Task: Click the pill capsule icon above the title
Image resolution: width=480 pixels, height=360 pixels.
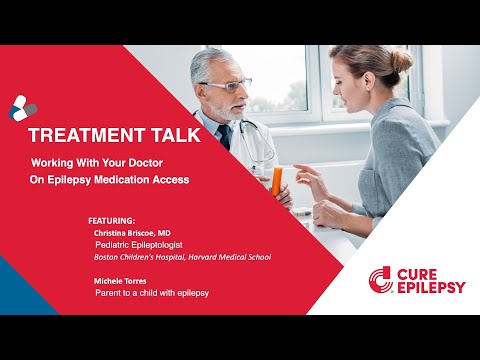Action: tap(23, 105)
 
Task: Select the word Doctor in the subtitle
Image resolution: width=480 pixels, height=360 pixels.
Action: tap(166, 160)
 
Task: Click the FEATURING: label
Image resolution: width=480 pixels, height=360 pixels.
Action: tap(110, 217)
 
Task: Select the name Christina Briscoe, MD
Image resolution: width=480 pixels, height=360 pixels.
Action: tap(132, 231)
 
